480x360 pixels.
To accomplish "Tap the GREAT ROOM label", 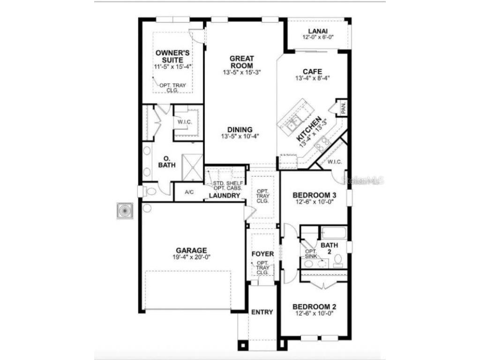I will coord(241,62).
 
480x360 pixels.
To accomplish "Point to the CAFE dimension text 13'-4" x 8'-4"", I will coord(312,78).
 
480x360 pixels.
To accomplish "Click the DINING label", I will coord(240,130).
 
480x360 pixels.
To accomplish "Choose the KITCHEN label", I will coord(309,129).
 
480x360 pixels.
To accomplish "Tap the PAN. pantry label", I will coord(343,109).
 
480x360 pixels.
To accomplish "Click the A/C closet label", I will coord(189,192).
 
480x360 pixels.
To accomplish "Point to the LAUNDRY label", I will coord(225,195).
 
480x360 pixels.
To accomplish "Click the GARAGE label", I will coord(191,250).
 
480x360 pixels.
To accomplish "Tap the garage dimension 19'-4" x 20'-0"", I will coord(191,257).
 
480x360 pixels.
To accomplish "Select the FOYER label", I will coord(262,254).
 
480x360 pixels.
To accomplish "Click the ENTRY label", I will coord(262,312).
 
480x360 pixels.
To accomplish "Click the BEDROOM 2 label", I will coord(313,307).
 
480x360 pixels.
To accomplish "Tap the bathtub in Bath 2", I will coord(334,233).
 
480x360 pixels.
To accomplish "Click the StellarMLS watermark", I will coord(363,180).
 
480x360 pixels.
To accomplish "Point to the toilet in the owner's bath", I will coord(149,191).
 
